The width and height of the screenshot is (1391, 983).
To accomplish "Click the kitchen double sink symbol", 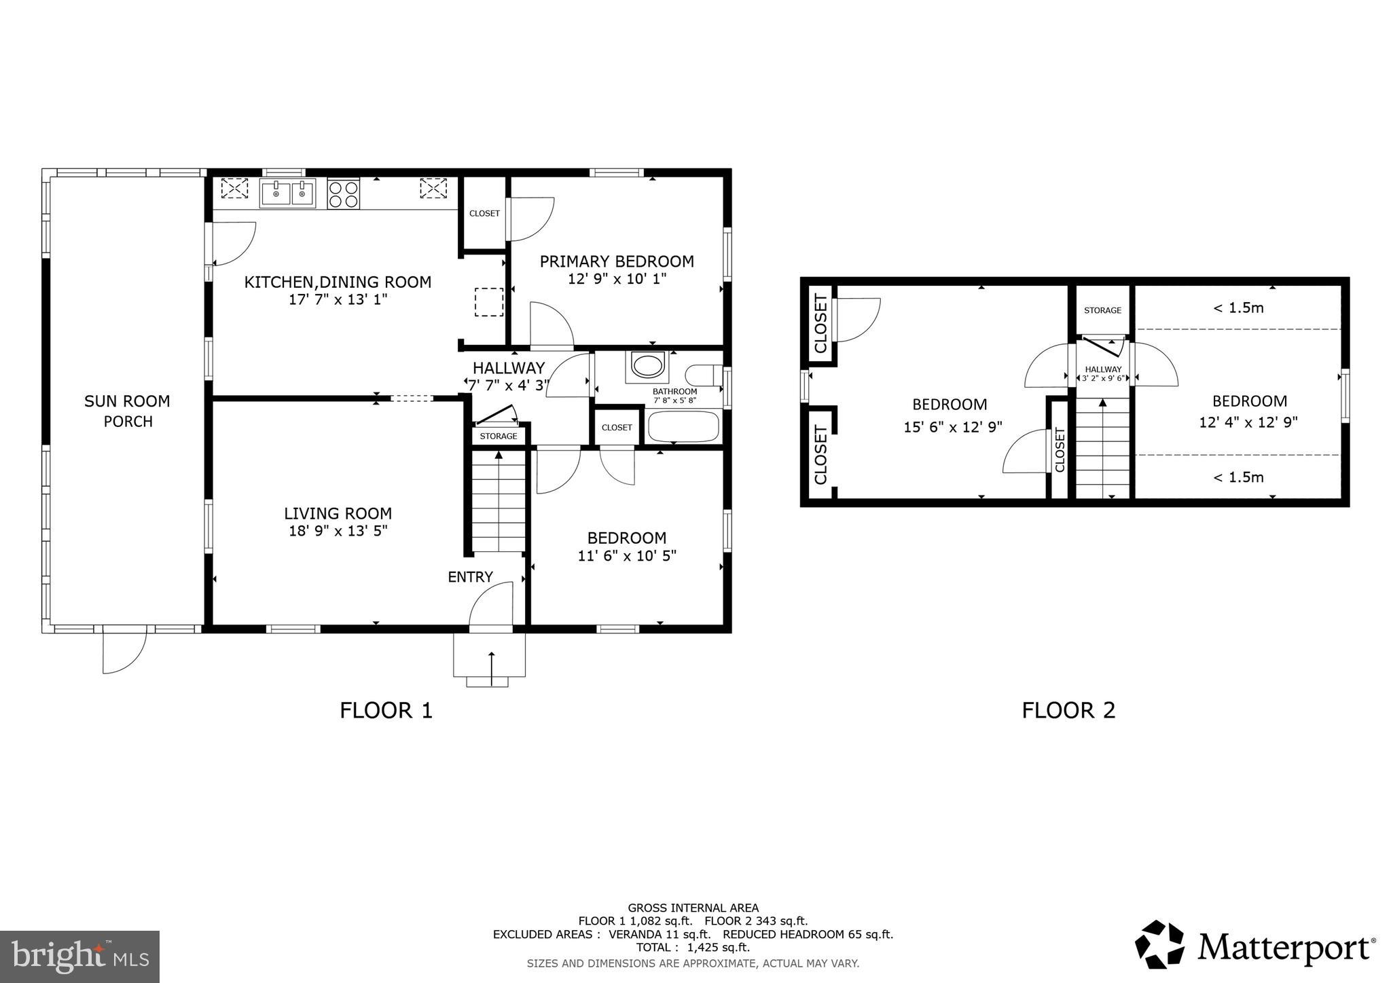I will coord(287,193).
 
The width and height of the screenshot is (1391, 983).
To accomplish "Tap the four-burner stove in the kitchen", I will coord(343,193).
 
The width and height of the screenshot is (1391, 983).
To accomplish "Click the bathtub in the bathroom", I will coord(683,427).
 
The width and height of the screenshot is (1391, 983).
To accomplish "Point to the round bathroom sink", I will coord(647,365).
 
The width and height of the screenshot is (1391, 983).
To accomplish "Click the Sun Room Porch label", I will coord(128,411).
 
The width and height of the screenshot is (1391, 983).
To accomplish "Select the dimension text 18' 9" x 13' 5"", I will coord(338,531).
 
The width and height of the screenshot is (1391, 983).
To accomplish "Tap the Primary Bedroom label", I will coord(616,261).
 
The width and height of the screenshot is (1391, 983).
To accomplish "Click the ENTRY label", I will coord(470,577).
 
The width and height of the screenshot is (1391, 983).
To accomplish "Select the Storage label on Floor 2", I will coord(1102,310).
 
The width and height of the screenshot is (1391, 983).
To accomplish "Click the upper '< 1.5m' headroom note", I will coord(1238,308).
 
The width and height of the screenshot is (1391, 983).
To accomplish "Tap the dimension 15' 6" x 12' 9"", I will coord(952,427).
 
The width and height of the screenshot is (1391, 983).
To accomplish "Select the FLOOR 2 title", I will coord(1068,710).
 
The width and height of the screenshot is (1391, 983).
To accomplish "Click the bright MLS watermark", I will coord(79,957).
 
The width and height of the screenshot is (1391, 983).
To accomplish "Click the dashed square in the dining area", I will coord(488,302).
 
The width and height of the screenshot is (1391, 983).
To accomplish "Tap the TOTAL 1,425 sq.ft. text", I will coord(693,947).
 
